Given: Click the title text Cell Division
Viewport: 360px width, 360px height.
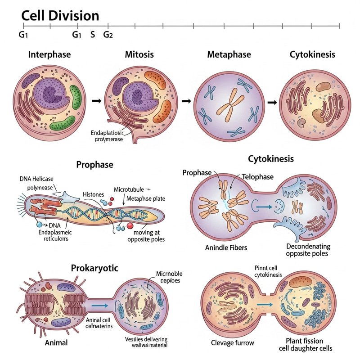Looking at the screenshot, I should coord(60,16).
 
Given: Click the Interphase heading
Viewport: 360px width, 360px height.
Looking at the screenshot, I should coord(49,55).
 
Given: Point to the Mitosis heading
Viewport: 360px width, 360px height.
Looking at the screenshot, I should coord(139,55).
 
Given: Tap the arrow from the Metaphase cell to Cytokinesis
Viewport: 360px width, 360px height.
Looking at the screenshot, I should coord(272,102).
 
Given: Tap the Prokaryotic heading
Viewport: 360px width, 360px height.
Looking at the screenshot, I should coord(94,269).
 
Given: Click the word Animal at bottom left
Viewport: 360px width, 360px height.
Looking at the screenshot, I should coord(56,343).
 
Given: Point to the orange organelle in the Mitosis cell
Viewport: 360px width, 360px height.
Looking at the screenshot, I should coord(163,111).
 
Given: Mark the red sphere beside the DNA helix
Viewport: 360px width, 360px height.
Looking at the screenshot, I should coord(130,225).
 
